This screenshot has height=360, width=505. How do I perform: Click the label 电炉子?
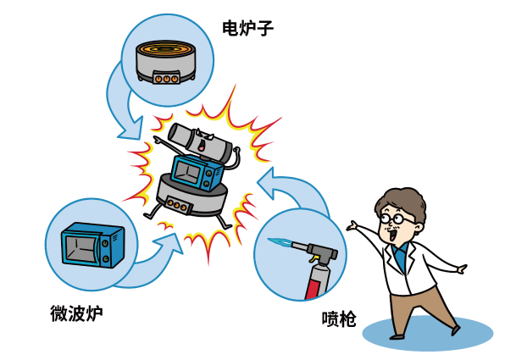[248, 28]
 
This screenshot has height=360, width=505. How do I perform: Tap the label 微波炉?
[76, 313]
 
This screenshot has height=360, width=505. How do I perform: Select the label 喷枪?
[339, 319]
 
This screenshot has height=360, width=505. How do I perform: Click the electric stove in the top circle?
[166, 62]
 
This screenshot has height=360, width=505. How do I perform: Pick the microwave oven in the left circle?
[92, 245]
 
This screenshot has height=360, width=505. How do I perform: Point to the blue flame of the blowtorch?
[280, 241]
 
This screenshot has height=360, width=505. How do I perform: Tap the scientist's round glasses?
[396, 219]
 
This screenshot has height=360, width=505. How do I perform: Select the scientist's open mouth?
[393, 235]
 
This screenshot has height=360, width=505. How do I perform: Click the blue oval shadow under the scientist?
[428, 333]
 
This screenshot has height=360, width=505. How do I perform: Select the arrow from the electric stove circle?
[121, 106]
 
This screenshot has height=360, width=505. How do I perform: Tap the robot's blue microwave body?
[197, 172]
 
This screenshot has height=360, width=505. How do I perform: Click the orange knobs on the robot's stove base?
[176, 205]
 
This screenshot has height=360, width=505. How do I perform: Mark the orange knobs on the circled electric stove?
[166, 79]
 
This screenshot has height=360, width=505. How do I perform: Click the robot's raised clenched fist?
[237, 150]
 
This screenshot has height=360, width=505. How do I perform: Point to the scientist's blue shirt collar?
[400, 256]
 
